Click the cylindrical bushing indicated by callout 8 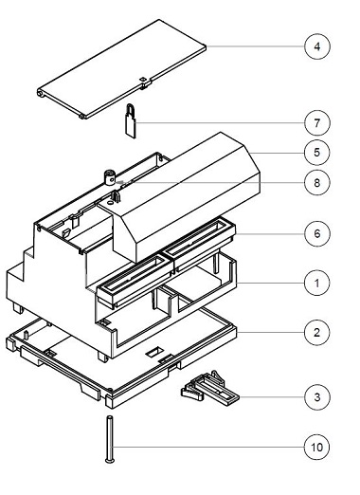(x=110, y=176)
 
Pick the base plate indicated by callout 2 (x=123, y=360)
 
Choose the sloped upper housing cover (x=189, y=190)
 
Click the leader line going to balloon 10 (x=208, y=444)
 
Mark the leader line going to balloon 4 (x=256, y=46)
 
